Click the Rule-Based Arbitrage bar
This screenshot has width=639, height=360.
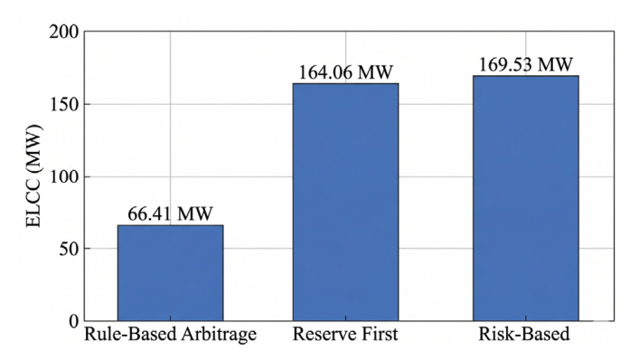[170, 273]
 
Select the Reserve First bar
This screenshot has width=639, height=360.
[345, 203]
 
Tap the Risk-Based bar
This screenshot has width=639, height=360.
[526, 198]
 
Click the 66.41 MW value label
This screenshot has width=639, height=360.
[170, 213]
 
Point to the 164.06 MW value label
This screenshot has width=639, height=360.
[345, 72]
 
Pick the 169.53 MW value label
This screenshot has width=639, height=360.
[526, 64]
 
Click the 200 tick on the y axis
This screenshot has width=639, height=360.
[64, 32]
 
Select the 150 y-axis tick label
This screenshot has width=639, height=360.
[64, 104]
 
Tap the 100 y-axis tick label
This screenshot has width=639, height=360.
[64, 176]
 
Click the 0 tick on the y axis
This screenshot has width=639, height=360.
[74, 321]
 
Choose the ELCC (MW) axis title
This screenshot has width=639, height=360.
[33, 176]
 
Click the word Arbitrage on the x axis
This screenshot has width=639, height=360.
[219, 335]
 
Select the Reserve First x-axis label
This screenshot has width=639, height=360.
[345, 334]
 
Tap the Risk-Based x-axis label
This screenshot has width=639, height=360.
[523, 334]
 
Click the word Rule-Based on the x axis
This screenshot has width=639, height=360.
[130, 334]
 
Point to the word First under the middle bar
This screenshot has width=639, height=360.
[379, 334]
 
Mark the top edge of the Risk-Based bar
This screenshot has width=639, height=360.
[526, 76]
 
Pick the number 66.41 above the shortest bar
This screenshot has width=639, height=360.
[149, 213]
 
